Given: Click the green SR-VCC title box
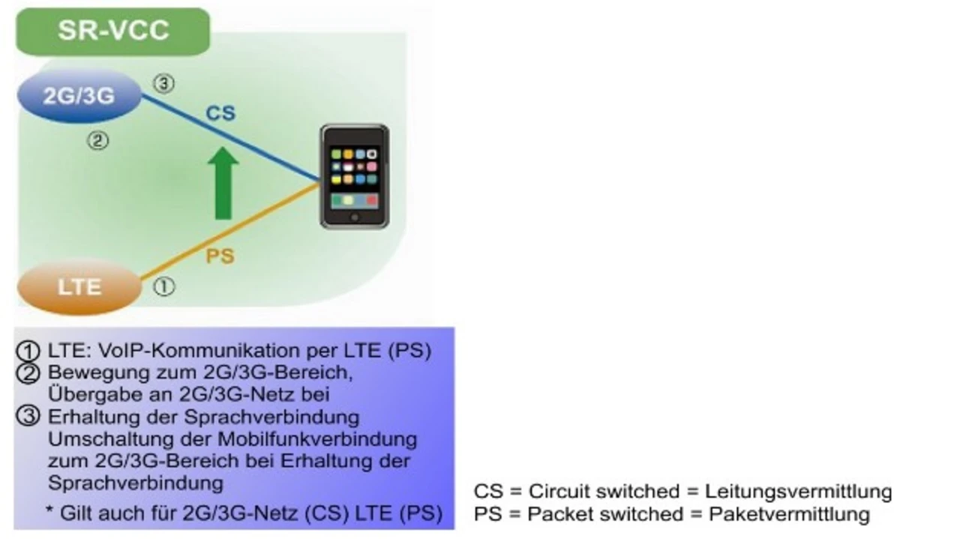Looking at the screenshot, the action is tap(112, 31).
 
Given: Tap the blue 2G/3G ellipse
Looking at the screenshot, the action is tap(79, 96).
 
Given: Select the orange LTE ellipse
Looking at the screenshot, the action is tap(79, 288).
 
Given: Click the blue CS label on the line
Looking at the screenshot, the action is tap(220, 113).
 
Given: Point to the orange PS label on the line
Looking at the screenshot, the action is tap(220, 256).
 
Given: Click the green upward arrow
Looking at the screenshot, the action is tap(223, 184).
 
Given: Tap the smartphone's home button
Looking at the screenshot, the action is tap(355, 217).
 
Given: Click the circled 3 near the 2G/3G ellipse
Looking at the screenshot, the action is tap(163, 83).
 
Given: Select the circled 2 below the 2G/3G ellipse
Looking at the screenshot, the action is tap(98, 140).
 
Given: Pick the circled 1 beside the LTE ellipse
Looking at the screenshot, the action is tap(163, 286).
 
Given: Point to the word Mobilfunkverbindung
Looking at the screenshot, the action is tap(317, 439).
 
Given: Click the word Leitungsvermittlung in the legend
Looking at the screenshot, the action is tap(799, 492).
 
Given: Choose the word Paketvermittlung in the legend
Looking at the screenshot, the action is tap(789, 514).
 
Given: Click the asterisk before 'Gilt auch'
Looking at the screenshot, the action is tap(49, 510).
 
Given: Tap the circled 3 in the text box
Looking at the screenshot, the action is tap(28, 417).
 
